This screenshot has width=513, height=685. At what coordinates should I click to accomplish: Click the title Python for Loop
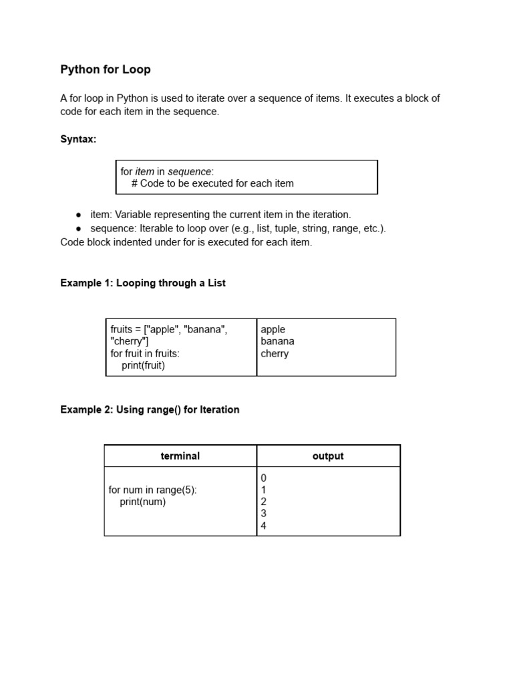tap(106, 70)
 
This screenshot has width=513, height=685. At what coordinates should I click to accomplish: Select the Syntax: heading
tap(78, 139)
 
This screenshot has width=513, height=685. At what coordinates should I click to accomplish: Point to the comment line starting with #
tap(212, 183)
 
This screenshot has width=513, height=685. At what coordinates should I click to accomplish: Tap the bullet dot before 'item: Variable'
tap(79, 215)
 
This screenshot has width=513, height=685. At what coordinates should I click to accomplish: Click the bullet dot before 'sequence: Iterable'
tap(79, 229)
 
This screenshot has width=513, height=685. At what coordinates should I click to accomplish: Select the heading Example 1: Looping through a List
tap(143, 283)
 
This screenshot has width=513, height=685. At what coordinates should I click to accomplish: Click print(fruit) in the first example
tap(143, 365)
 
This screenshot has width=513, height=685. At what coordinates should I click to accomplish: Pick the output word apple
tap(273, 329)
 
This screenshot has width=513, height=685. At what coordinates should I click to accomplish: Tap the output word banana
tap(277, 341)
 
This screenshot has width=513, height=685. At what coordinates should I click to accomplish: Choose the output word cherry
tap(275, 353)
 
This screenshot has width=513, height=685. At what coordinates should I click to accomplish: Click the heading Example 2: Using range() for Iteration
tap(150, 409)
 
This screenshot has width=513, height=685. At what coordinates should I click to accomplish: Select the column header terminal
tap(180, 456)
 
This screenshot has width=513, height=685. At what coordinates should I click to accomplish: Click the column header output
tap(328, 456)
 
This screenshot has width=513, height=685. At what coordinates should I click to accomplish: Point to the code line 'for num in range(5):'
tap(152, 490)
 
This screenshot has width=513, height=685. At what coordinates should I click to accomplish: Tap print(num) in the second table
tap(142, 502)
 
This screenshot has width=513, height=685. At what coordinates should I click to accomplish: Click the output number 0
tap(264, 478)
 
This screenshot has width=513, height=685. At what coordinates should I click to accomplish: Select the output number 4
tap(264, 526)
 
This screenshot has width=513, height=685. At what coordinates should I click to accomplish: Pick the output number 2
tap(264, 502)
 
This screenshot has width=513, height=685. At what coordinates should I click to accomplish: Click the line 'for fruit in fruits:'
tap(145, 353)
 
